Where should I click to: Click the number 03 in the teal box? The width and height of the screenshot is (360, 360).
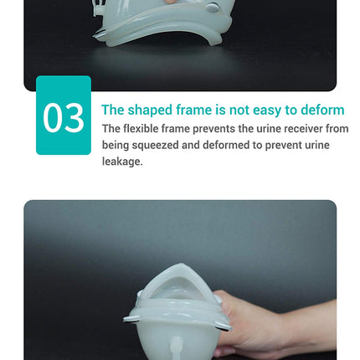[64, 117]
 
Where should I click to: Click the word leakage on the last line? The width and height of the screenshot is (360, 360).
[122, 162]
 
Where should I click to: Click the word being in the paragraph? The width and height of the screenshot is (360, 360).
[116, 146]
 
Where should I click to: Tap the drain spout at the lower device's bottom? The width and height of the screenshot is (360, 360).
[176, 349]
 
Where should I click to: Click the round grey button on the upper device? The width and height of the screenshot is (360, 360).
[213, 8]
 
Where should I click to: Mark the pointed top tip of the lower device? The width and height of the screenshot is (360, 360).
[181, 265]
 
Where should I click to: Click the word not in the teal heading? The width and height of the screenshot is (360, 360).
[239, 110]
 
